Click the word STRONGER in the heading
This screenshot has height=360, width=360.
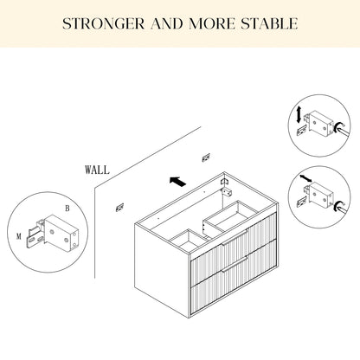coord(103,24)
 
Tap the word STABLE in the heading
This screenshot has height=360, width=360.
coord(269,24)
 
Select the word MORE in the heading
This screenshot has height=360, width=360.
coord(212,24)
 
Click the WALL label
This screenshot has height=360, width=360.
coord(97,170)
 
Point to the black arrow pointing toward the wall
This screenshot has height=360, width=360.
coord(177,182)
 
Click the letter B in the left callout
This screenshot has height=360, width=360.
coord(67,208)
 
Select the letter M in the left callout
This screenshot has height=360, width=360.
coord(19,236)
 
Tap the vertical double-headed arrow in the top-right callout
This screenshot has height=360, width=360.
coord(299,114)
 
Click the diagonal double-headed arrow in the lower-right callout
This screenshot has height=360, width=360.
coord(305,178)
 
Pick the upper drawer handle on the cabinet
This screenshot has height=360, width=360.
coord(235,237)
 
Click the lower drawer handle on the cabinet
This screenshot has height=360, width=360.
coord(235,263)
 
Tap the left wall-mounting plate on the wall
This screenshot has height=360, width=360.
coord(119,207)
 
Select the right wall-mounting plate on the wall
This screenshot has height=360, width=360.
coord(206,157)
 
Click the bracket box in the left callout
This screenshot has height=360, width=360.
coord(61,233)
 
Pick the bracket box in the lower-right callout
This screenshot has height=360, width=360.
coord(321,196)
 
